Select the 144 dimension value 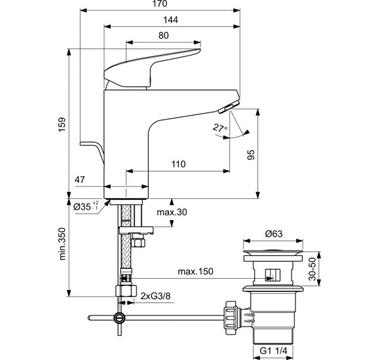pyautogui.click(x=170, y=21)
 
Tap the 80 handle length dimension pyautogui.click(x=165, y=35)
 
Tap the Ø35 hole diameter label pyautogui.click(x=86, y=206)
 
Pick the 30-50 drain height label pyautogui.click(x=321, y=268)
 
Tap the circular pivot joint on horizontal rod pyautogui.click(x=119, y=318)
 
